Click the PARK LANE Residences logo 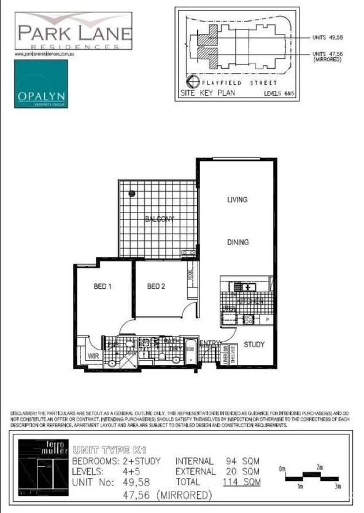[72, 31]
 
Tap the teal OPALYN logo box [41, 88]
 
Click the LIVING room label [237, 200]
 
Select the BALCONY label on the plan [160, 219]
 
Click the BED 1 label [103, 286]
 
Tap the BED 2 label [157, 286]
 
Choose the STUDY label [254, 345]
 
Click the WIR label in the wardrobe [93, 355]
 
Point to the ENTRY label [209, 344]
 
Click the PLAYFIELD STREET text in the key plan [245, 82]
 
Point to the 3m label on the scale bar [336, 487]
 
